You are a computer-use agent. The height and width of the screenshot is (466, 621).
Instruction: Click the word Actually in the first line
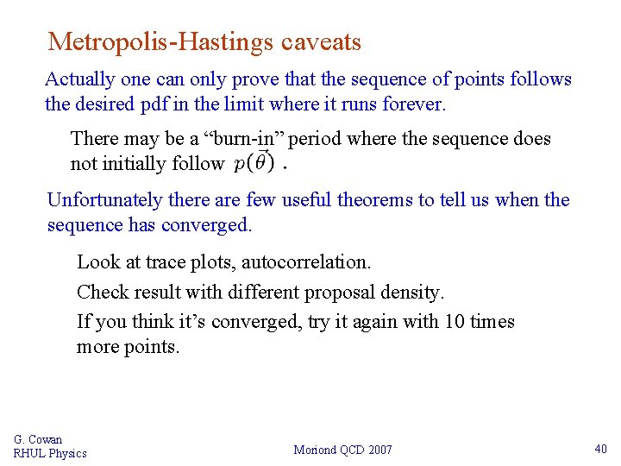click(x=80, y=79)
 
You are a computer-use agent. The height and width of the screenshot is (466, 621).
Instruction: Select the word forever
click(x=416, y=105)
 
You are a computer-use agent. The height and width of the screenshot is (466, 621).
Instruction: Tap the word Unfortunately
click(x=105, y=200)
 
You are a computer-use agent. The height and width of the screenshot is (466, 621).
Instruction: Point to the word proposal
click(x=329, y=292)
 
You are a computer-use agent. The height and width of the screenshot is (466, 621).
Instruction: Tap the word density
click(x=412, y=292)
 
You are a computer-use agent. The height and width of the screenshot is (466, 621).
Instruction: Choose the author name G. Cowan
click(x=38, y=439)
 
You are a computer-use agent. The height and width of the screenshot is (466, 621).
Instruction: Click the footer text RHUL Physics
click(x=50, y=453)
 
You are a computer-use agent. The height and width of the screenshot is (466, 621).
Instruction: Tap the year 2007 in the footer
click(x=379, y=450)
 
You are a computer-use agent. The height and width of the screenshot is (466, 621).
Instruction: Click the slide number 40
click(x=600, y=449)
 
